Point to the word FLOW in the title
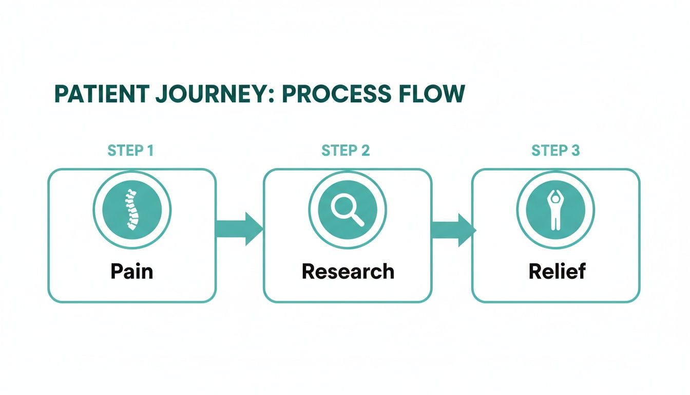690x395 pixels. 433,95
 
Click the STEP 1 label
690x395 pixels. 130,151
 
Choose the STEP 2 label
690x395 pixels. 346,151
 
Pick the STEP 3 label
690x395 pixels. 555,151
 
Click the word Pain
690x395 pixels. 131,271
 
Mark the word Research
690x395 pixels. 348,271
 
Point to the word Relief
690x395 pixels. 557,271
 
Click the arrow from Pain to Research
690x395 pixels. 239,229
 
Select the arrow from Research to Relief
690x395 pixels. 452,229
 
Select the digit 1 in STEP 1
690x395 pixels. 149,151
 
